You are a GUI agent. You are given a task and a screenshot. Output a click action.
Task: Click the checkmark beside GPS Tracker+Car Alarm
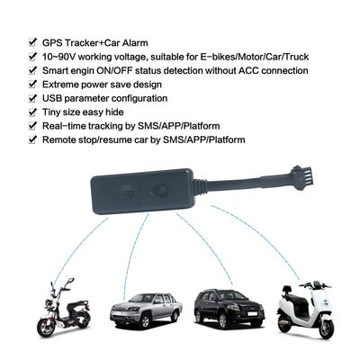(32, 42)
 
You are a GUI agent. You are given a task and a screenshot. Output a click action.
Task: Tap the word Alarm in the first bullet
(135, 43)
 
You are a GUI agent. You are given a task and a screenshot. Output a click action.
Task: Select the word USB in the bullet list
(52, 98)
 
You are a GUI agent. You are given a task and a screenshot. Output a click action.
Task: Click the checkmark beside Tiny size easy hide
(32, 112)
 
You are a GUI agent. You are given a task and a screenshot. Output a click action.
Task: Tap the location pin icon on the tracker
(159, 190)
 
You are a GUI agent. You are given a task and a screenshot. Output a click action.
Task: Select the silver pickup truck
(146, 310)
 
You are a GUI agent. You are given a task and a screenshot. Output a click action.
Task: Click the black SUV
(229, 308)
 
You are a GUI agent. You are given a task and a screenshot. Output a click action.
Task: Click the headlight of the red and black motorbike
(48, 303)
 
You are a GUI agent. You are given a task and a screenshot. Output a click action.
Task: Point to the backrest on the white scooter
(286, 290)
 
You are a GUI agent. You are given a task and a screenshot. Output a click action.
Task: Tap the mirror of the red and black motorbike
(71, 281)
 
